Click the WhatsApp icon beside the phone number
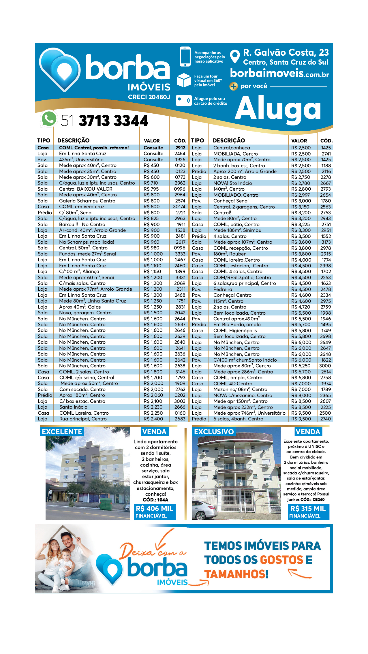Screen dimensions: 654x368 tap(49, 119)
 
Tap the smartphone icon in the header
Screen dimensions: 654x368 tap(185, 57)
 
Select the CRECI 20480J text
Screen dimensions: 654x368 tap(149, 97)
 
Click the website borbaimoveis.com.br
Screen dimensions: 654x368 tap(279, 74)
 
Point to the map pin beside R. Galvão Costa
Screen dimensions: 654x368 tap(235, 56)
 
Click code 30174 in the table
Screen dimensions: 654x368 tap(179, 207)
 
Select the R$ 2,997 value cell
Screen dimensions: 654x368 tap(301, 195)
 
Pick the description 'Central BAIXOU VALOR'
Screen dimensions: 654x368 tap(86, 189)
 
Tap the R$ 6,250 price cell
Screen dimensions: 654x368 tap(301, 366)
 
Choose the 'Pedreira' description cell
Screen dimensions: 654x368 tap(223, 289)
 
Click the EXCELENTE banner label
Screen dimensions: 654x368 tap(62, 432)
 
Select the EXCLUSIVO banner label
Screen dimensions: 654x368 tap(214, 432)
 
